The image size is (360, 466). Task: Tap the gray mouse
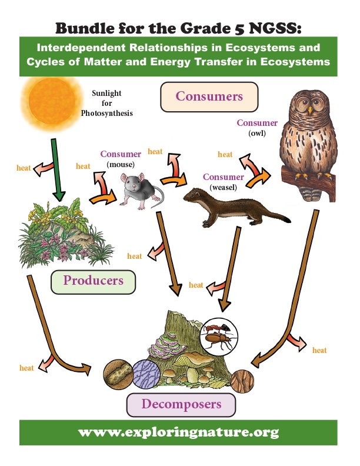(141, 190)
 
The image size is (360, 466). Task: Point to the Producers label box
(93, 281)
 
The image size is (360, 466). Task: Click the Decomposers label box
(181, 404)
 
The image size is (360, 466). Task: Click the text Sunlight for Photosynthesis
(112, 102)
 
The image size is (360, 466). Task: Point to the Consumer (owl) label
(256, 128)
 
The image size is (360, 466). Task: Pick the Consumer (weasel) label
(223, 182)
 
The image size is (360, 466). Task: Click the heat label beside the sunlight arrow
(24, 168)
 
